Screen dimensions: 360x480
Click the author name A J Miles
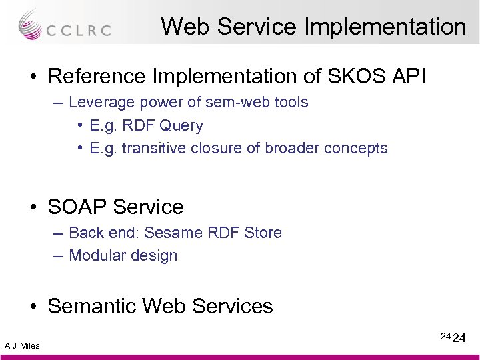[22, 345]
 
